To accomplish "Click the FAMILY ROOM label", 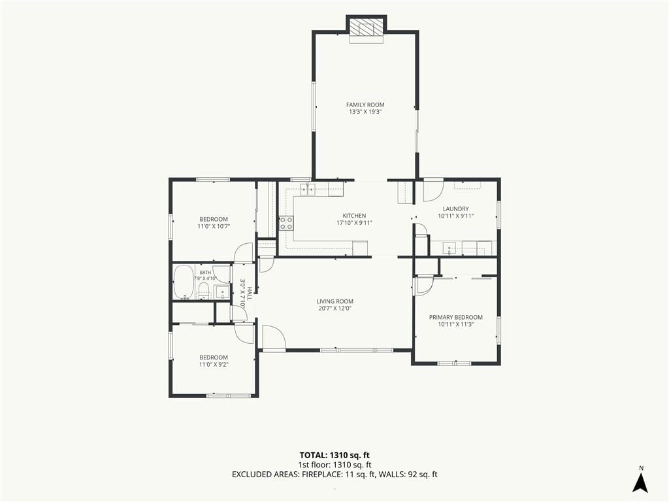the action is [x=365, y=105].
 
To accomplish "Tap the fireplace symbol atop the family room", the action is [x=367, y=29].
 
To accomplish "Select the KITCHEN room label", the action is [x=354, y=216].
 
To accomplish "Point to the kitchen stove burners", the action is [x=286, y=224].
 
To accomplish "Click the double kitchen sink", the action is [x=307, y=188].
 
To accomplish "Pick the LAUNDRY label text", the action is [x=455, y=209].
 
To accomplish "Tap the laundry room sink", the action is [x=449, y=248].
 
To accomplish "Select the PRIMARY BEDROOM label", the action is [x=455, y=317].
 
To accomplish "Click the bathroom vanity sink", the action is [x=222, y=292].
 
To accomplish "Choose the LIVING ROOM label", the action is [x=335, y=301].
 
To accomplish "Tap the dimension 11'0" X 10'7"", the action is [x=214, y=226].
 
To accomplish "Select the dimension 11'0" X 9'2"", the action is [x=214, y=365].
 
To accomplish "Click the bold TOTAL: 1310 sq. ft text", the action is [x=334, y=455].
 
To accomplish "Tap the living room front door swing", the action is [x=274, y=338].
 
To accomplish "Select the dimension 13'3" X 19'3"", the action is [x=365, y=112].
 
